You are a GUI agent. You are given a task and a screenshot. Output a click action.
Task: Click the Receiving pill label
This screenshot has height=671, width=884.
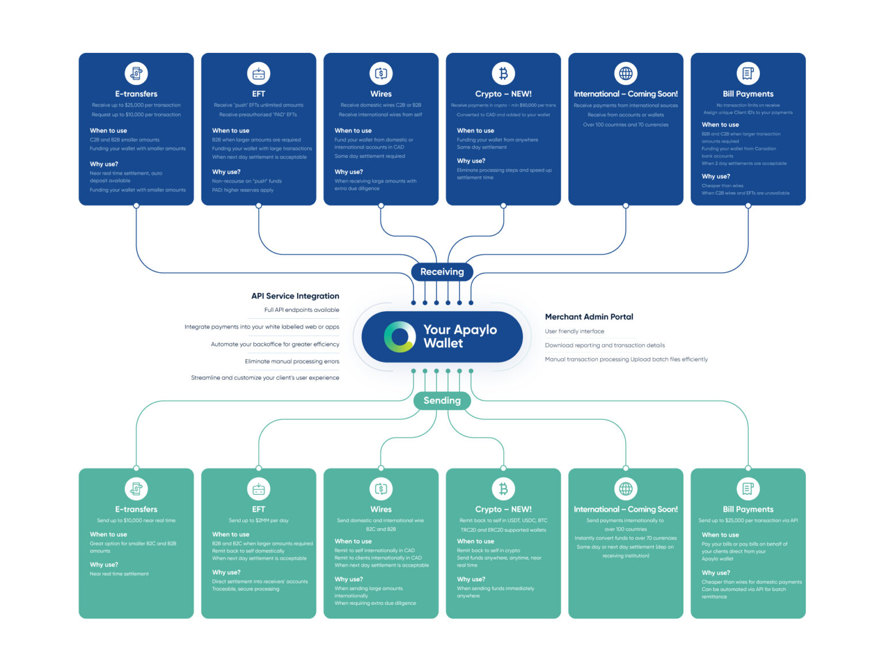441,272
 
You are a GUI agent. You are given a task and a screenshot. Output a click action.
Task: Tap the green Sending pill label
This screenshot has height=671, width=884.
441,401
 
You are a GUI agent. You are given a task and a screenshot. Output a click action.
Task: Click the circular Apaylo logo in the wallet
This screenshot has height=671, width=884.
399,337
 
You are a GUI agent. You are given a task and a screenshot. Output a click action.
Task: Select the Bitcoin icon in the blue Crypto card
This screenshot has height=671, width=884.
503,74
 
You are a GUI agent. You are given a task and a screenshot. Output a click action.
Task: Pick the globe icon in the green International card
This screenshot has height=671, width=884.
626,489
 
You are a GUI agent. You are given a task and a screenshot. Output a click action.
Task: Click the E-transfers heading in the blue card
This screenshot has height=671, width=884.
136,94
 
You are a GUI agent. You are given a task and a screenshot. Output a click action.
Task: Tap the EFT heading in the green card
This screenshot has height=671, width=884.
258,509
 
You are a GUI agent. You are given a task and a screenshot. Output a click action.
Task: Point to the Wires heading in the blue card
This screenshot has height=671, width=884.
380,94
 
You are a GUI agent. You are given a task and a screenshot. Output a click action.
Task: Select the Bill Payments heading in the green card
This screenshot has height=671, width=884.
748,509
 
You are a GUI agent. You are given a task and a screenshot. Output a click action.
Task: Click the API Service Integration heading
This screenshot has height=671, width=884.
295,296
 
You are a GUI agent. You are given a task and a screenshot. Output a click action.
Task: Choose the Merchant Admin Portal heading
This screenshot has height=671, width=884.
589,317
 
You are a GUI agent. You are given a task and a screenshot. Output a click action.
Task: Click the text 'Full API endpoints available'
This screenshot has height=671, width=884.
302,310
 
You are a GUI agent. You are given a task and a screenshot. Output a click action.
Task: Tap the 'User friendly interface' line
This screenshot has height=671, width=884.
574,331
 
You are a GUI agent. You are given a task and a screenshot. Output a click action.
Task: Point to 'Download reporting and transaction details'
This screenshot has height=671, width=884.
604,345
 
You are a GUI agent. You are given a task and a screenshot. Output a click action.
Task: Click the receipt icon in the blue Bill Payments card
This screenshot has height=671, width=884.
748,74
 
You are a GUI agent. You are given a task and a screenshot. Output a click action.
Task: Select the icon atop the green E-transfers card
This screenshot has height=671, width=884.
136,489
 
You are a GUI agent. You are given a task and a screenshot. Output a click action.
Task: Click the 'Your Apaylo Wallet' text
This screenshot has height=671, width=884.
459,337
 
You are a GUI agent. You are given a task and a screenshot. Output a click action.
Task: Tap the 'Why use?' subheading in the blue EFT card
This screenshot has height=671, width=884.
226,172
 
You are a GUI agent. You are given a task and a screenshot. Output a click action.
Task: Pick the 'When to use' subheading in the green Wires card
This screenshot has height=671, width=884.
353,542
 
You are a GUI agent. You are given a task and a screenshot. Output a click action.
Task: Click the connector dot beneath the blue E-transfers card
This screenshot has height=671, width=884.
136,205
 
